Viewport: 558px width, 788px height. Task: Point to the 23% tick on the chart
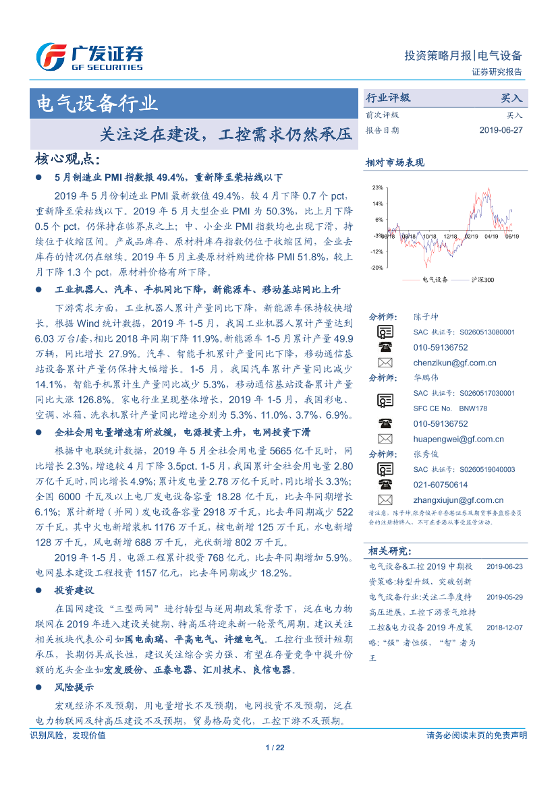pyautogui.click(x=377, y=187)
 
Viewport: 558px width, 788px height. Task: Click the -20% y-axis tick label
pyautogui.click(x=376, y=268)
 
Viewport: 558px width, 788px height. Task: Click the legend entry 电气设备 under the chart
pyautogui.click(x=435, y=279)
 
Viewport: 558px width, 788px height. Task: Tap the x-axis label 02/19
pyautogui.click(x=471, y=237)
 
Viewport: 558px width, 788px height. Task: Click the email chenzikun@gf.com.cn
pyautogui.click(x=455, y=363)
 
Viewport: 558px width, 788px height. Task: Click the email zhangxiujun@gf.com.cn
pyautogui.click(x=458, y=500)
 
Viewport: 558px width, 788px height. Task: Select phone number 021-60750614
pyautogui.click(x=440, y=485)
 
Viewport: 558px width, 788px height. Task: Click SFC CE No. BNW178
pyautogui.click(x=450, y=408)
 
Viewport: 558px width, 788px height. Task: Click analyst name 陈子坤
pyautogui.click(x=426, y=316)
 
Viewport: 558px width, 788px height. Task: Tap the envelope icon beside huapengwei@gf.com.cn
pyautogui.click(x=385, y=439)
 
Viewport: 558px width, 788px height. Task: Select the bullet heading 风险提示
pyautogui.click(x=74, y=688)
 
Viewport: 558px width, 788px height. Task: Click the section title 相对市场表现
pyautogui.click(x=395, y=162)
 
